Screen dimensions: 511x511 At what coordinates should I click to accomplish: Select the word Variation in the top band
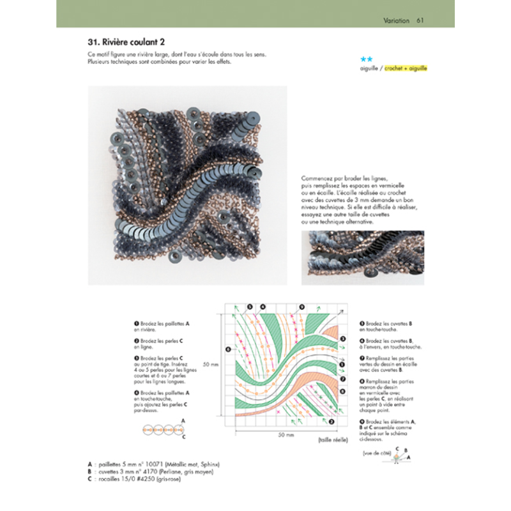(x=396, y=19)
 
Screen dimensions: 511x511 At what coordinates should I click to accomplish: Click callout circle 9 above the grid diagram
(x=301, y=307)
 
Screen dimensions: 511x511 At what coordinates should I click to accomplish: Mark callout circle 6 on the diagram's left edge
(x=227, y=349)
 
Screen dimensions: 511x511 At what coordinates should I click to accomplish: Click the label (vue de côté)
(x=375, y=454)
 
